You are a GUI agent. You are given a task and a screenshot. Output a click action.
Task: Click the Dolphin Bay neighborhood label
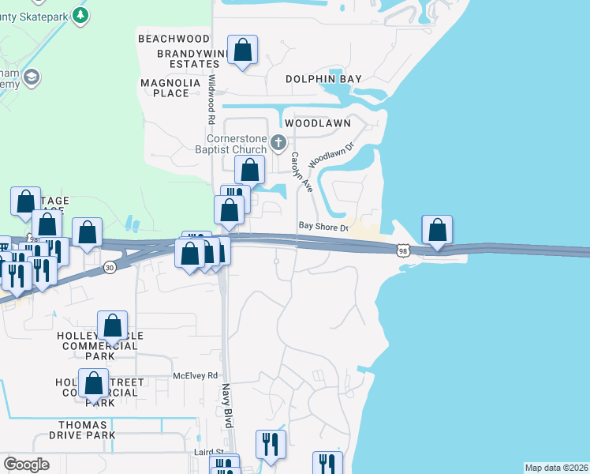[323, 79]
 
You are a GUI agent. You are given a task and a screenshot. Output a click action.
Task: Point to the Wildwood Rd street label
[211, 100]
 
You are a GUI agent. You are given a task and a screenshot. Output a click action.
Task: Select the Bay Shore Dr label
[323, 227]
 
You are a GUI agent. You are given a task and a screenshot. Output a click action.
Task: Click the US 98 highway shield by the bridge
[403, 250]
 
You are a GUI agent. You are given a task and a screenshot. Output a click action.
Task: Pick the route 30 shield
[108, 268]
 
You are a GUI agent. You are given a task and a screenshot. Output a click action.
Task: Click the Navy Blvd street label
[227, 405]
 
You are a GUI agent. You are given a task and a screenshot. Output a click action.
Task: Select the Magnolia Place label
[165, 88]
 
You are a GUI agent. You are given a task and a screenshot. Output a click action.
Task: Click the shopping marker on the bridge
[438, 231]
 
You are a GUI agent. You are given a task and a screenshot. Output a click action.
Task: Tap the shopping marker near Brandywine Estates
[243, 51]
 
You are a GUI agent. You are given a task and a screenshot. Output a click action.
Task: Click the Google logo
[26, 465]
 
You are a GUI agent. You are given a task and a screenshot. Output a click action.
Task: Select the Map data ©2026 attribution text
[557, 468]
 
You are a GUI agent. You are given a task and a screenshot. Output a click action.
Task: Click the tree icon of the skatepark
[80, 15]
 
